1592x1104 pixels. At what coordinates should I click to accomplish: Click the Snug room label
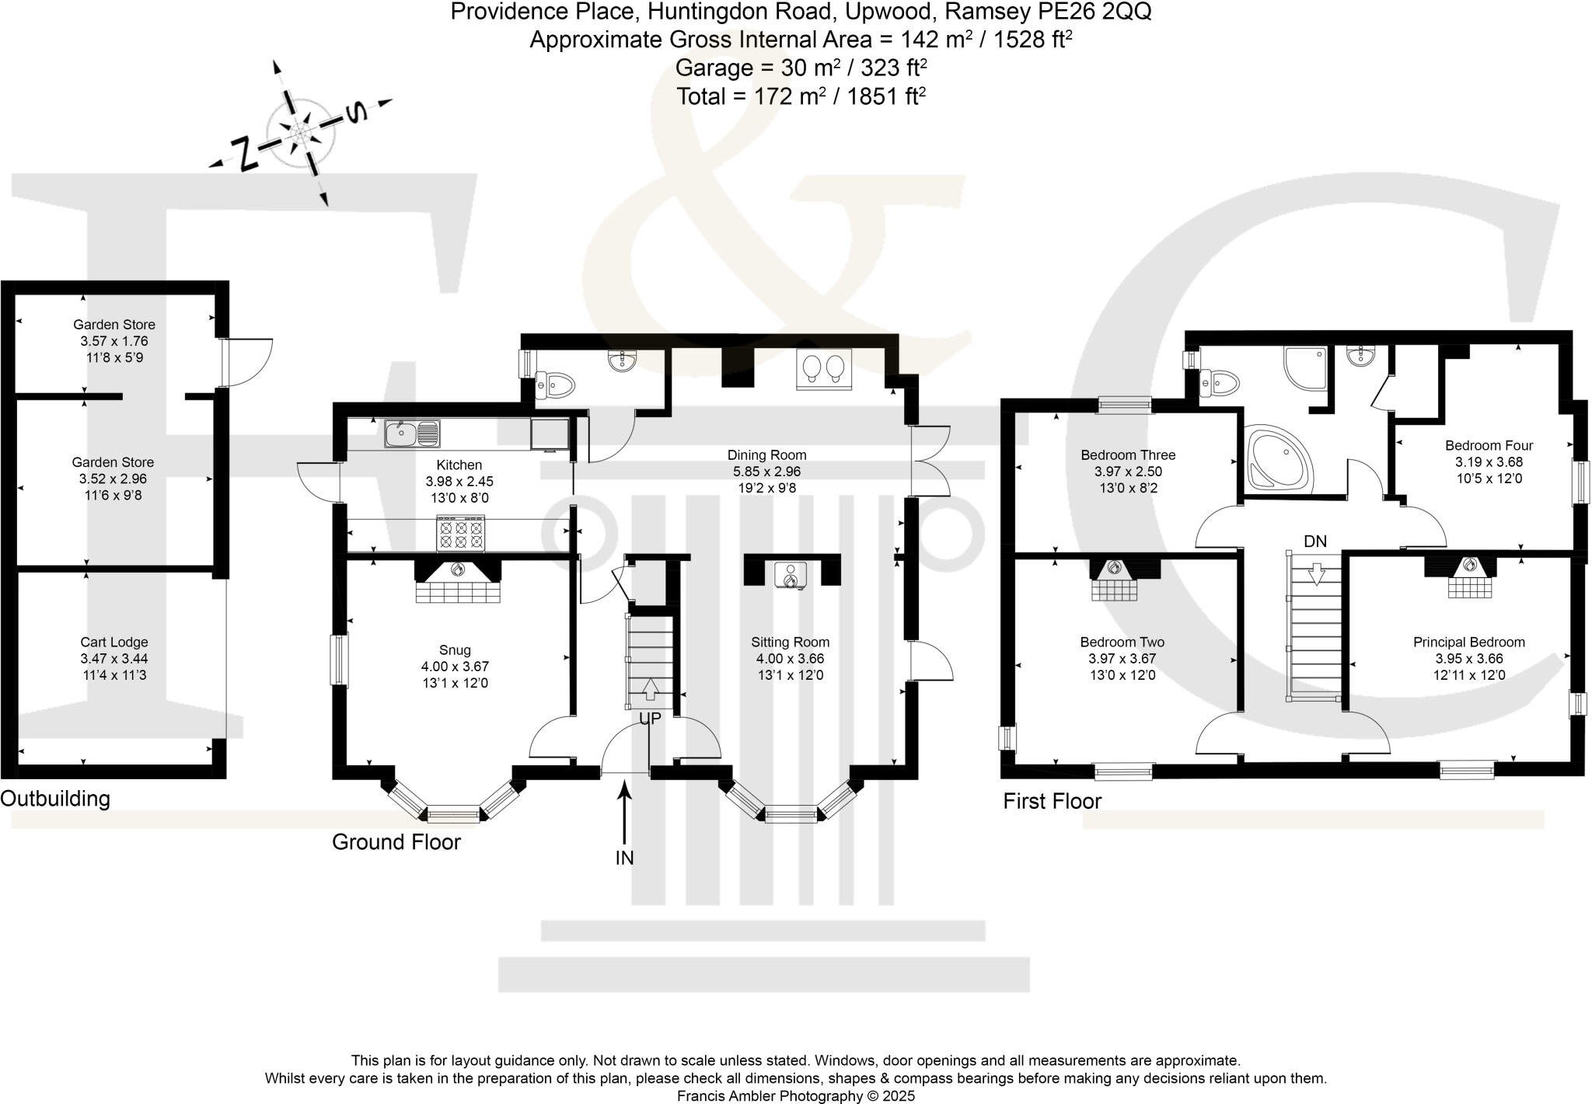tap(455, 650)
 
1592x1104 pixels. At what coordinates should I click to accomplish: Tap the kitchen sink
tap(412, 434)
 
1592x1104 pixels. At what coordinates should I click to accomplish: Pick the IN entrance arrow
tap(624, 813)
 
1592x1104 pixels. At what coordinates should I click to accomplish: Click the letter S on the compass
tap(355, 113)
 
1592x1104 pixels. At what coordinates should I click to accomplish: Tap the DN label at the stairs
tap(1315, 542)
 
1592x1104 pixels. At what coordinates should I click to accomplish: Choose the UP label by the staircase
tap(650, 719)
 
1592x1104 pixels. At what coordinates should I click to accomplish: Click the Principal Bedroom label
tap(1469, 643)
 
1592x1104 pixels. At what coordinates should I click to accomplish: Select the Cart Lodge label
tap(114, 643)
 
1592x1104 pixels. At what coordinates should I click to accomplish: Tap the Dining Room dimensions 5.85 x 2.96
tap(766, 472)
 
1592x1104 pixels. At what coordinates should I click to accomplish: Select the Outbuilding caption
tap(55, 799)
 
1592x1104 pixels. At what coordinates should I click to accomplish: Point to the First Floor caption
tap(1053, 801)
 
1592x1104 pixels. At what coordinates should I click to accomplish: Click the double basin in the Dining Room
tap(824, 368)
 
